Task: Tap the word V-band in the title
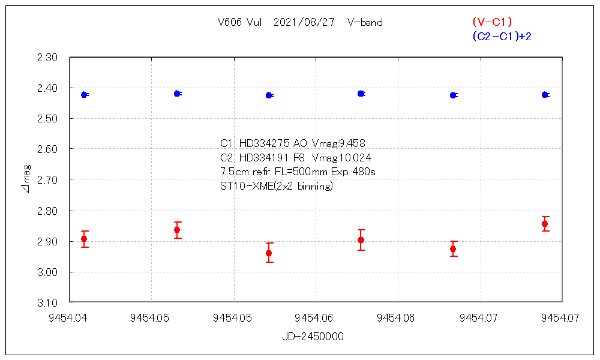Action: coord(365,23)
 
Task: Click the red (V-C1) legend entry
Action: coord(492,22)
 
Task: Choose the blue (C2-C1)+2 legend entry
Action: coord(502,37)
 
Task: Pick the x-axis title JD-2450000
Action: coord(313,337)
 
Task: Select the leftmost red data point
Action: coord(84,239)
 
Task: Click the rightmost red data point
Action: coord(545,224)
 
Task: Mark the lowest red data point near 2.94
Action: coord(269,253)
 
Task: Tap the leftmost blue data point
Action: coord(85,95)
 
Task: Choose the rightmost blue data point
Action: coord(545,95)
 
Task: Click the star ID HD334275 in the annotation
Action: coord(265,143)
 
